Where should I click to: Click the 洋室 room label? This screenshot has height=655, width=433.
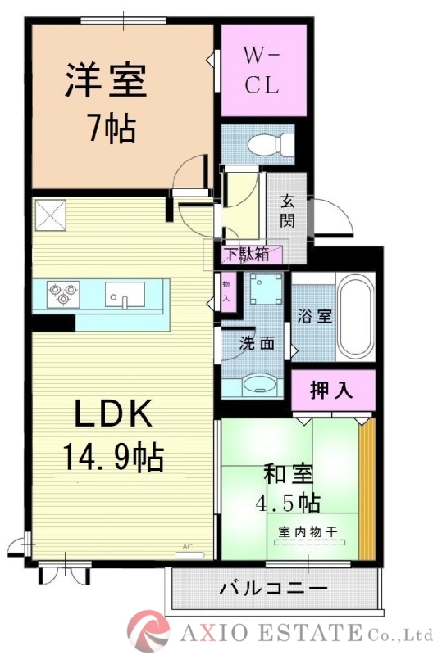coord(106,80)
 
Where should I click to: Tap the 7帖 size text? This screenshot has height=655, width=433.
coord(111,129)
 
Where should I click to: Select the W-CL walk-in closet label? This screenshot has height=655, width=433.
coord(263,70)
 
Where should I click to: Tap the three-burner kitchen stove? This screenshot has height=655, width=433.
coord(64,291)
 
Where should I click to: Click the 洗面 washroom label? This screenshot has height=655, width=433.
coord(256,343)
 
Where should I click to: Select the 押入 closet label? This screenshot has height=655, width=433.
coord(331,390)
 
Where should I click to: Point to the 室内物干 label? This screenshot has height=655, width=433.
coord(308,533)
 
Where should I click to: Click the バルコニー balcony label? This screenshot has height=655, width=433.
coord(274,588)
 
